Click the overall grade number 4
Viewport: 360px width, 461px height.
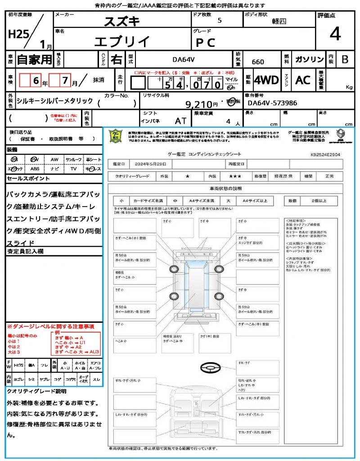point(335,35)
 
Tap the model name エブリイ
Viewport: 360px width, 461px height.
point(122,41)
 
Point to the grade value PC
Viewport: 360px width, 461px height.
point(205,42)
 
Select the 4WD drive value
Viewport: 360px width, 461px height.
point(266,80)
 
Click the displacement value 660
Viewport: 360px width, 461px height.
point(258,62)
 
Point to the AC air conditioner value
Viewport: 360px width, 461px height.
point(303,80)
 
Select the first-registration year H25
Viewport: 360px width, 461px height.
point(17,35)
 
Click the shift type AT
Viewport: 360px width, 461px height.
point(180,121)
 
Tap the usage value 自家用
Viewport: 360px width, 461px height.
point(34,59)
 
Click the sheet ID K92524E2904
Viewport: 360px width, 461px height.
point(325,154)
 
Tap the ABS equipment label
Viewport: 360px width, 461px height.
point(35,169)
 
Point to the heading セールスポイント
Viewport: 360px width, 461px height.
point(28,179)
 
